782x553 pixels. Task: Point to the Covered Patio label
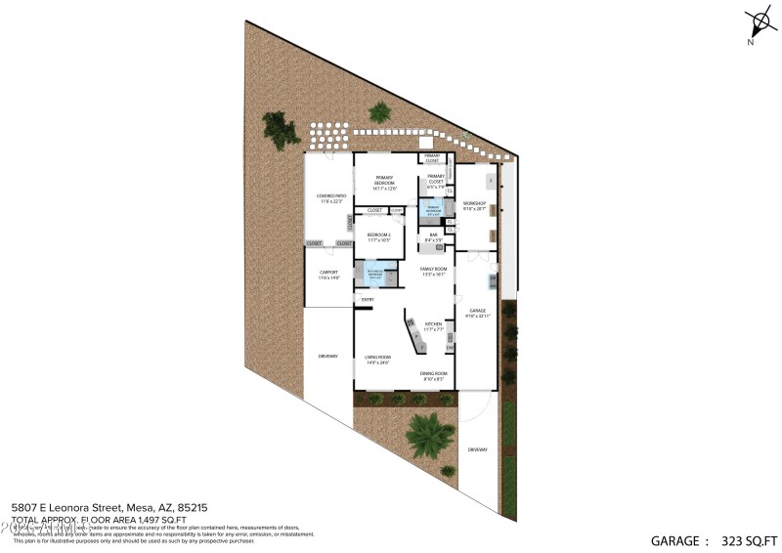(328, 198)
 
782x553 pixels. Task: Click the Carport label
(328, 275)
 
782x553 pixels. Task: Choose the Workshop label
(474, 205)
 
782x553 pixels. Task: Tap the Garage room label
(476, 312)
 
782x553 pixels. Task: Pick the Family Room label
(433, 271)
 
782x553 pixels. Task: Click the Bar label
(433, 235)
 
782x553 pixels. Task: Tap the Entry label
(368, 299)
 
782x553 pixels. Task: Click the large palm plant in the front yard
(429, 435)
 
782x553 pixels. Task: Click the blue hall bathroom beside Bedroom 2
(375, 274)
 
